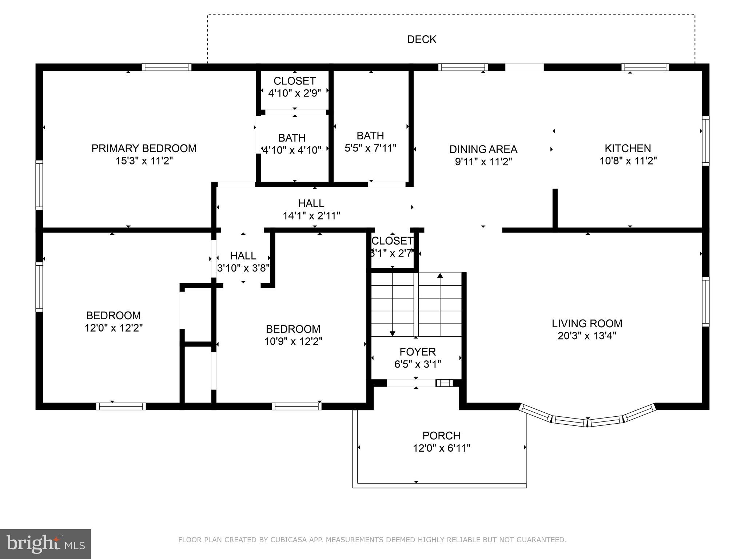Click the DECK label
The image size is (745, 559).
pos(422,39)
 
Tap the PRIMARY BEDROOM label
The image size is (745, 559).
pos(144,148)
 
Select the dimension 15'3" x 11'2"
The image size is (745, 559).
pos(144,161)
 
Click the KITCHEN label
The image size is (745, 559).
pos(628,148)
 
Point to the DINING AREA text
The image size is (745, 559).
pos(483,149)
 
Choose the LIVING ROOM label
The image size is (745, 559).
pos(587,323)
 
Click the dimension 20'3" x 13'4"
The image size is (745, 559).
pos(587,336)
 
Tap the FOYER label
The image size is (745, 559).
pos(417,352)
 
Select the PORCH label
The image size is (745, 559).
pos(441,436)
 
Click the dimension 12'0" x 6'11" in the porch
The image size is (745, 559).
pos(441,448)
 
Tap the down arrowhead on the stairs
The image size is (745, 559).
pos(393,333)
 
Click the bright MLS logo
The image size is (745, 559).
pos(45,544)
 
